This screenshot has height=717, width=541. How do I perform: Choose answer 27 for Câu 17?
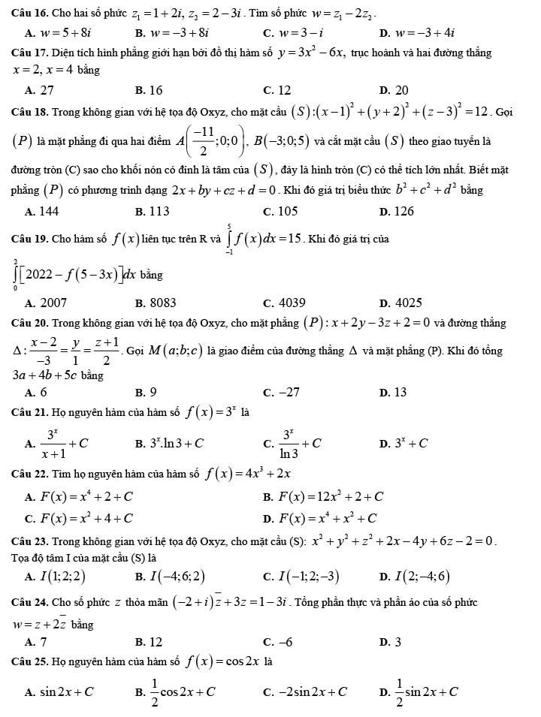[x=46, y=90]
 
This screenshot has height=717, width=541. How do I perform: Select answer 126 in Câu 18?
[x=404, y=212]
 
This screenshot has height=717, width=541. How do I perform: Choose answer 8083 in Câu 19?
[x=162, y=303]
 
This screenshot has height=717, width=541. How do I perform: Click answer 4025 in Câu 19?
[x=408, y=303]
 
